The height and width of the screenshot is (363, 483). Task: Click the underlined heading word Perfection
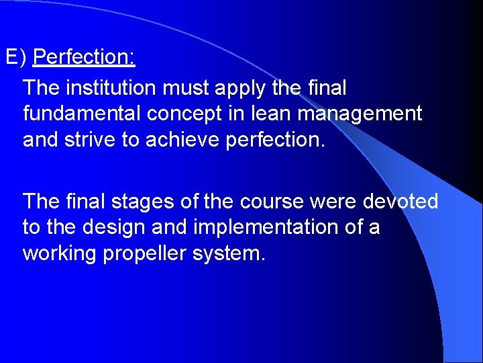pos(84,57)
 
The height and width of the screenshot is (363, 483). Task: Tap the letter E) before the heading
pos(15,57)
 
